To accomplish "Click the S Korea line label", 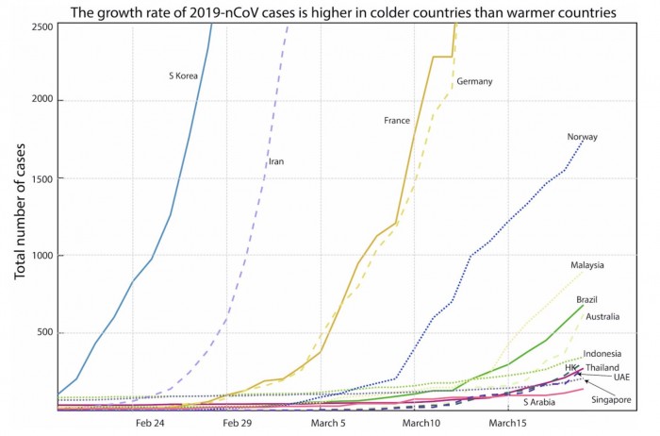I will (x=182, y=75).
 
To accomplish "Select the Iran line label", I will (x=276, y=161).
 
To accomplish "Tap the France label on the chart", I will (x=397, y=120).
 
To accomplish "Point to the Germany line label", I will (x=474, y=82).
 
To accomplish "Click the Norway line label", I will (x=582, y=137).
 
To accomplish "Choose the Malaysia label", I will (x=587, y=264).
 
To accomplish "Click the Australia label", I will (x=602, y=317).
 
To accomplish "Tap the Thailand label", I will (x=602, y=367).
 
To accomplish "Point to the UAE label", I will (x=621, y=377).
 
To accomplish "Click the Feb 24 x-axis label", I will (x=151, y=424).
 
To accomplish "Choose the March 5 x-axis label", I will (x=329, y=424).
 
